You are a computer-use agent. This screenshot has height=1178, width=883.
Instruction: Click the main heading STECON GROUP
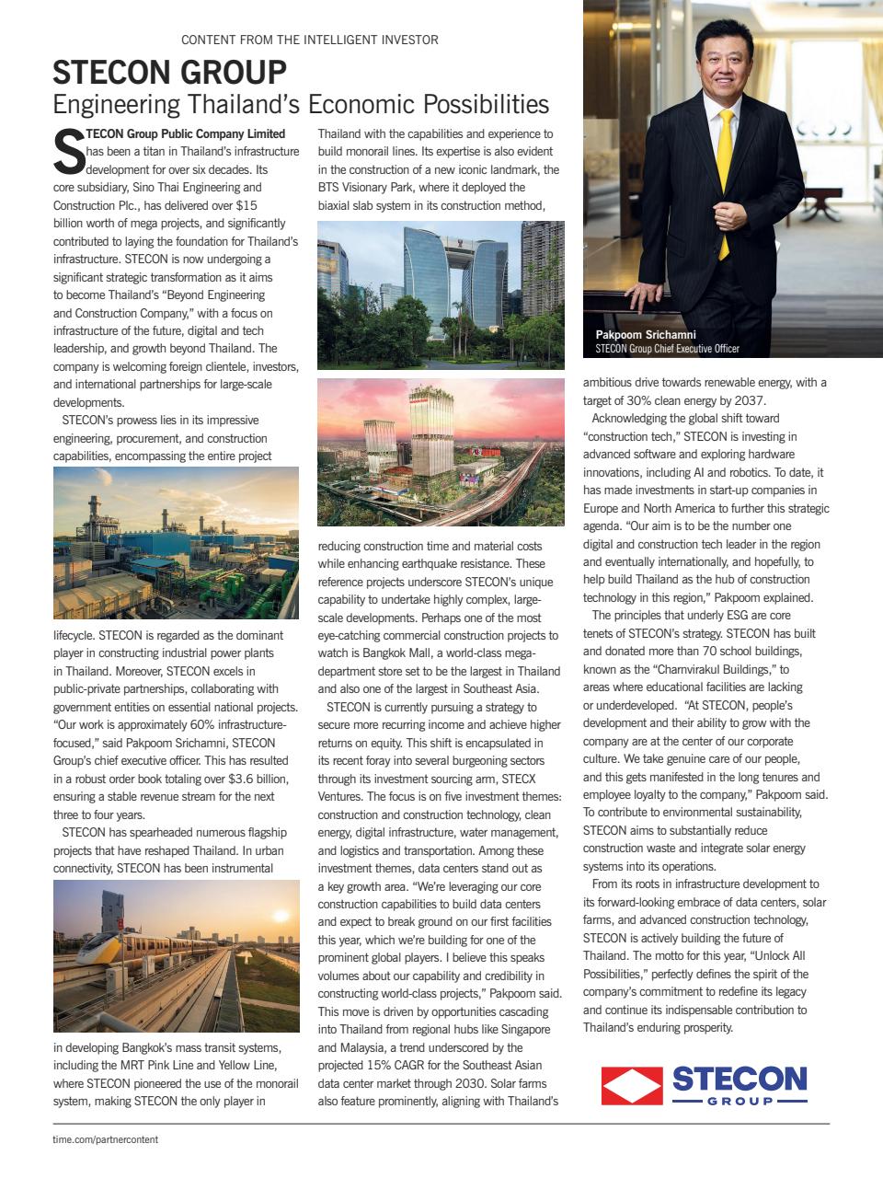pyautogui.click(x=169, y=72)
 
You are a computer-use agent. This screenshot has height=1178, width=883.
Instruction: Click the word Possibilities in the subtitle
pyautogui.click(x=487, y=102)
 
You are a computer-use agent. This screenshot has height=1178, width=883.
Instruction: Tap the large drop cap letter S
pyautogui.click(x=69, y=153)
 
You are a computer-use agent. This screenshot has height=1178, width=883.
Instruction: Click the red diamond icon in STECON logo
pyautogui.click(x=632, y=1084)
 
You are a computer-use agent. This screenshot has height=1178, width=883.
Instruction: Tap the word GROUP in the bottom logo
pyautogui.click(x=740, y=1101)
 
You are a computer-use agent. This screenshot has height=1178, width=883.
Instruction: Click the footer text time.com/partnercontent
pyautogui.click(x=105, y=1139)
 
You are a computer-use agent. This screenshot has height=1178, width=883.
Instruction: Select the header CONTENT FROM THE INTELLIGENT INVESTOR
pyautogui.click(x=310, y=40)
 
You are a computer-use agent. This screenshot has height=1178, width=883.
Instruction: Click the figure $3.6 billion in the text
pyautogui.click(x=249, y=779)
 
